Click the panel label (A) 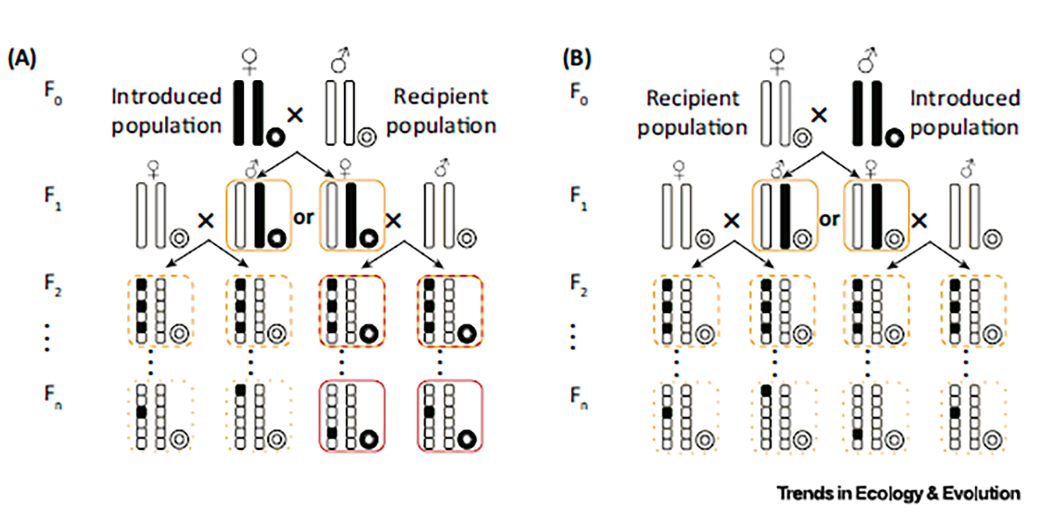click(22, 59)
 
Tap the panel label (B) click(577, 59)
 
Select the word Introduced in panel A click(167, 97)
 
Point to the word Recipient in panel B click(692, 98)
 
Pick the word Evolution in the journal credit click(981, 494)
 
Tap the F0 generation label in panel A click(53, 92)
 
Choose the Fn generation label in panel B click(578, 397)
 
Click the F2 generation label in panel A click(53, 284)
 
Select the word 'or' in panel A click(303, 218)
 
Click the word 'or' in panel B click(829, 220)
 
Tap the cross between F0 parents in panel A click(295, 115)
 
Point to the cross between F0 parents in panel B click(819, 115)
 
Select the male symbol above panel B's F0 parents click(868, 59)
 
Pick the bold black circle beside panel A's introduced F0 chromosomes click(275, 137)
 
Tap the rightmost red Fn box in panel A click(450, 416)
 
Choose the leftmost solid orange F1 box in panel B click(784, 216)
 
